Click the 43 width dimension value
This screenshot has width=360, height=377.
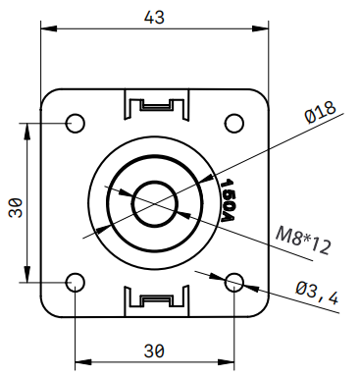pyautogui.click(x=154, y=18)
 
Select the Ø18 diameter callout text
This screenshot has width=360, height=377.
pyautogui.click(x=321, y=113)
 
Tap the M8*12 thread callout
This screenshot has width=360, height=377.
pyautogui.click(x=303, y=241)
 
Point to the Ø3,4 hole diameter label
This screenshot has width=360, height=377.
pyautogui.click(x=317, y=293)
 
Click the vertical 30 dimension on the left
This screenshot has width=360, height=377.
pyautogui.click(x=16, y=208)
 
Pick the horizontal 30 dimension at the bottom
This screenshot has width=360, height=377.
pyautogui.click(x=154, y=351)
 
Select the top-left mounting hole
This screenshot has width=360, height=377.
pyautogui.click(x=76, y=124)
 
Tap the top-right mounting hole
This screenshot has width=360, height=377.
pyautogui.click(x=234, y=124)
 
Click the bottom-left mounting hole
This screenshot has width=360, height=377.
pyautogui.click(x=76, y=282)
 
